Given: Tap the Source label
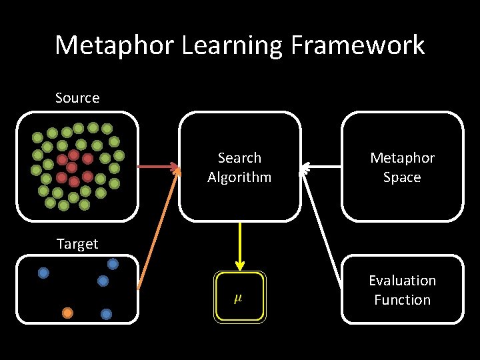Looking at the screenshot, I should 77,98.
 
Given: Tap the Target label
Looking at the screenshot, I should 77,244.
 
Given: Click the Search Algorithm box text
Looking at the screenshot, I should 239,167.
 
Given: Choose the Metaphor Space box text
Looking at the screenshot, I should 402,167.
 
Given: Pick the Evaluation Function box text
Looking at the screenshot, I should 402,290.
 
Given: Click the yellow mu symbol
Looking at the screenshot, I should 238,297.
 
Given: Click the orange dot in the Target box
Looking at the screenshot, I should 67,312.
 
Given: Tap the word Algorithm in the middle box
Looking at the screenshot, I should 239,177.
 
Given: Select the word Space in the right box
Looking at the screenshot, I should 402,177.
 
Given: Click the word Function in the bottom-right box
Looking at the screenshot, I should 402,300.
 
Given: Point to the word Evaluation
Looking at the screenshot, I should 402,281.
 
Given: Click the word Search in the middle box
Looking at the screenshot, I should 239,158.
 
